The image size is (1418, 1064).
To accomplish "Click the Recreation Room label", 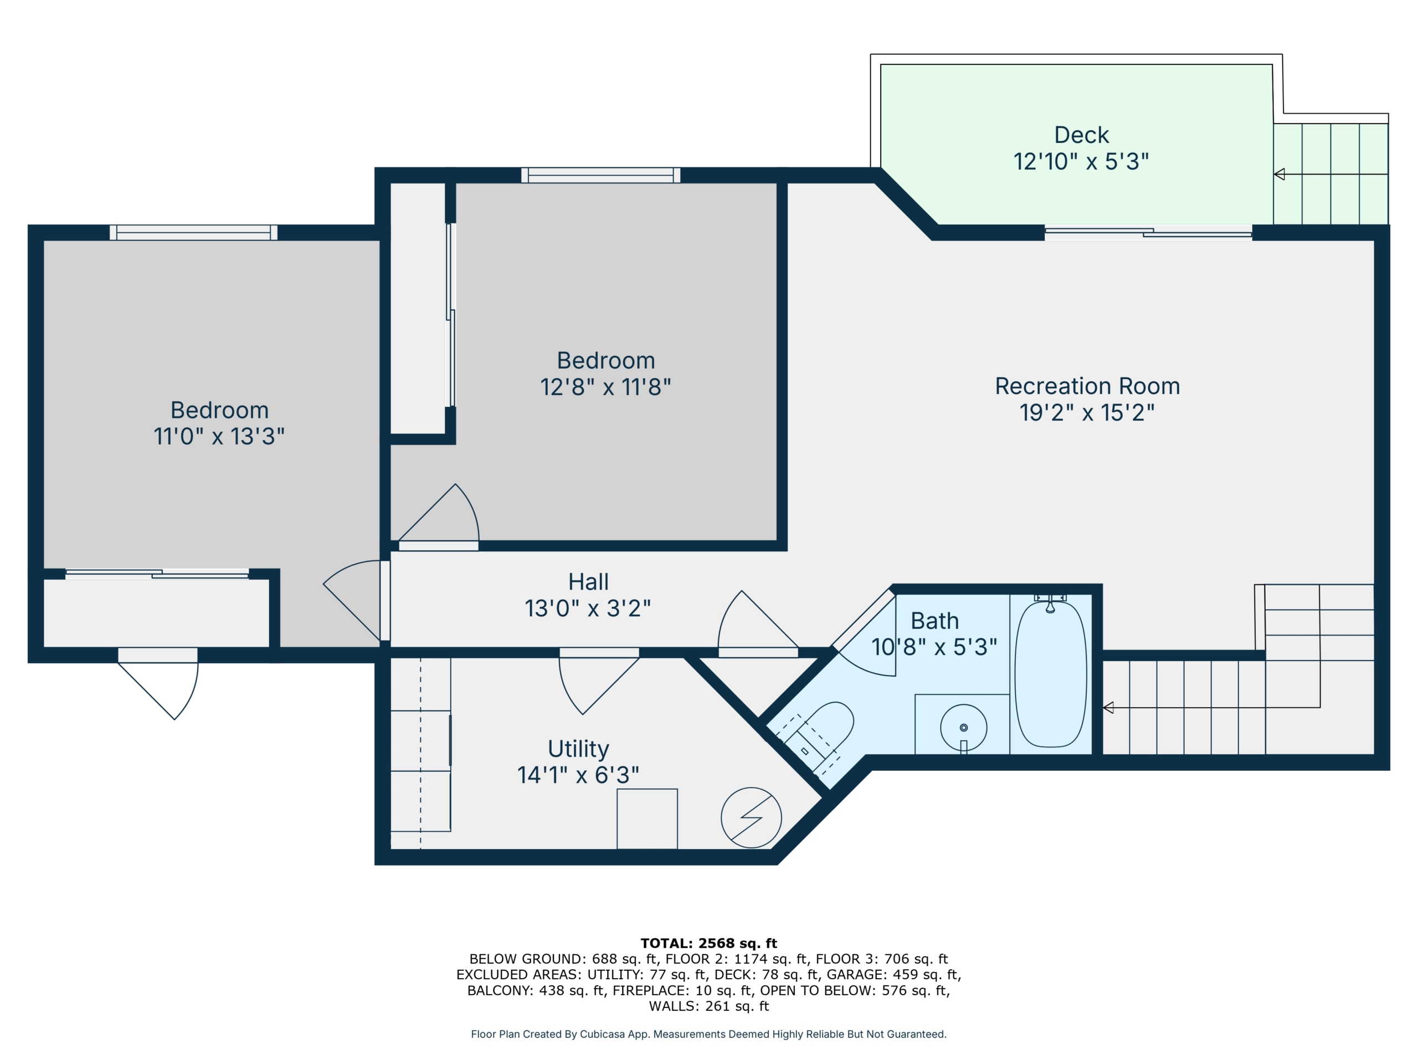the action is [x=1087, y=386].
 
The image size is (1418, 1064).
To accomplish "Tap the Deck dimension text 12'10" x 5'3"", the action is [x=1081, y=162].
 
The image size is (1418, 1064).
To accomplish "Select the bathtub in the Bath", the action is [x=1051, y=674].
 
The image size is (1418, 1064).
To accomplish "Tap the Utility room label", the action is [x=578, y=749].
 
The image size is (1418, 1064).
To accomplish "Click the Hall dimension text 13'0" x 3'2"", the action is [x=588, y=608].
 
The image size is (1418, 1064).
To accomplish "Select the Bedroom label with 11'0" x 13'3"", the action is [x=219, y=410].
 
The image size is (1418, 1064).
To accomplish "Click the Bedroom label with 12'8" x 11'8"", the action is [x=606, y=360].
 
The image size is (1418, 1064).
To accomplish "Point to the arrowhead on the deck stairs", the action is [x=1279, y=174].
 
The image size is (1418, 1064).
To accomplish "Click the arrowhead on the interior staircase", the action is [x=1108, y=708].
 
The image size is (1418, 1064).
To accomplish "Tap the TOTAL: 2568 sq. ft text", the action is [x=708, y=943].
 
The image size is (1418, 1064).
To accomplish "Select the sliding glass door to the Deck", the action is [x=1148, y=233].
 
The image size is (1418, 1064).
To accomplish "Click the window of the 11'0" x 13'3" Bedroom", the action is [x=194, y=232].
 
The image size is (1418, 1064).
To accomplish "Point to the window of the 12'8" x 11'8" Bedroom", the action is [x=600, y=175].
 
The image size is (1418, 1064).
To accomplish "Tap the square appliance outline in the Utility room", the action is [x=647, y=819].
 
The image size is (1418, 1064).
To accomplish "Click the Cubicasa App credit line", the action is [x=708, y=1034].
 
